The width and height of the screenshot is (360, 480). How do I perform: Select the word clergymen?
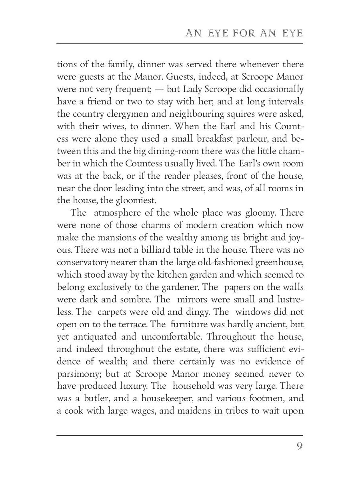(x=124, y=113)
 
